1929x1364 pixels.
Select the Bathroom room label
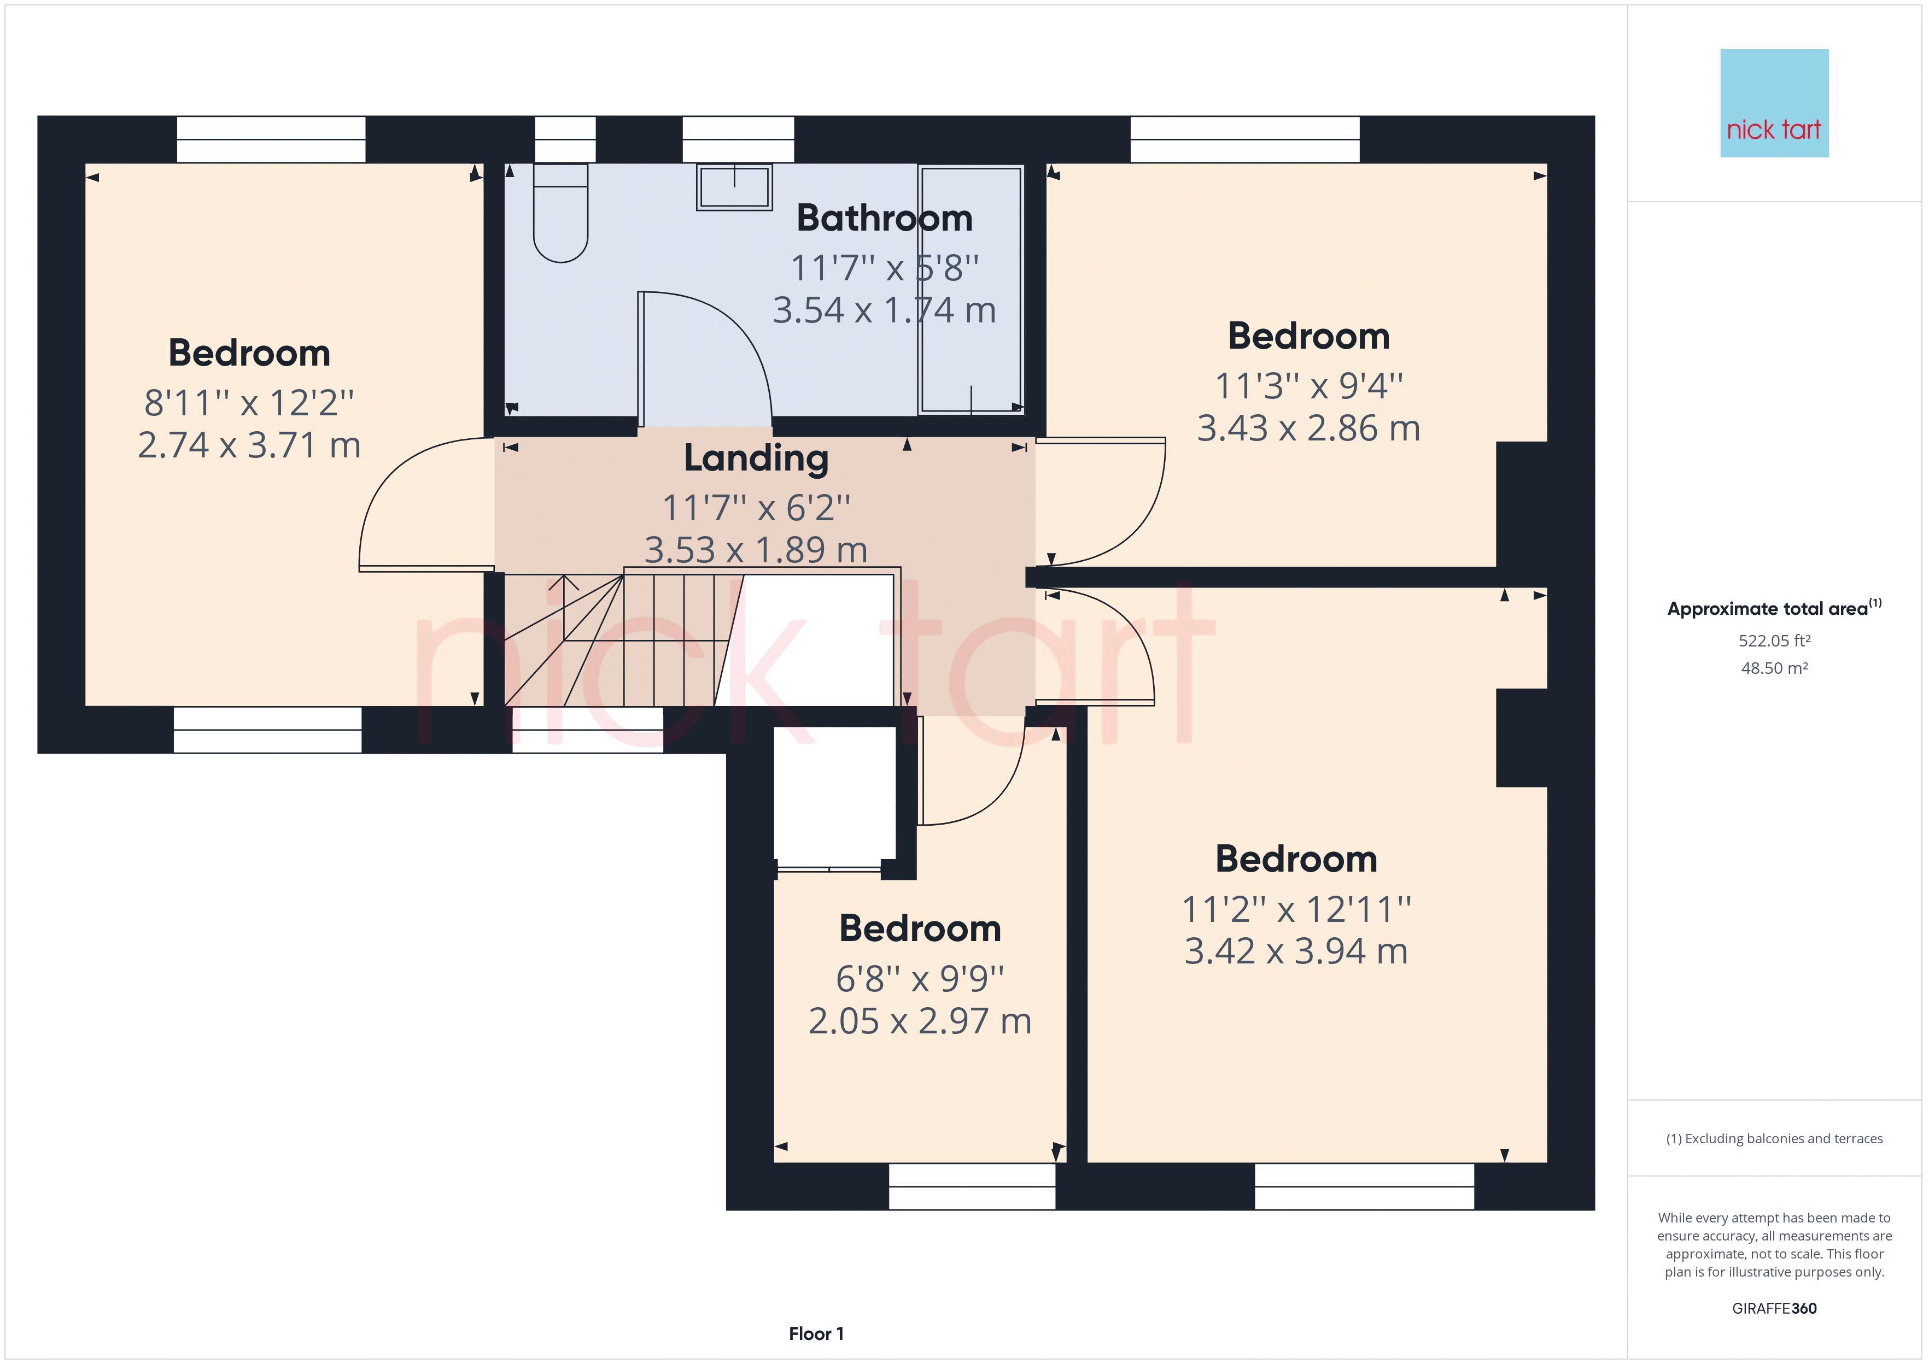[885, 219]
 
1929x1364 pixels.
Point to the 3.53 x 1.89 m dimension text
[756, 550]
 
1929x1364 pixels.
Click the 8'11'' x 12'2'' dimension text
[249, 403]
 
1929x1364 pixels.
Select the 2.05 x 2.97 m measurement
[920, 1021]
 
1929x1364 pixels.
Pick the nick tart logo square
[1774, 103]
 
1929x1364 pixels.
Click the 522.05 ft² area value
[1774, 641]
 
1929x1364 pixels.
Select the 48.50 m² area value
[1774, 668]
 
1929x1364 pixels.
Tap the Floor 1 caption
[816, 1334]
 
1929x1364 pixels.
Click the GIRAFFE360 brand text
[1774, 1309]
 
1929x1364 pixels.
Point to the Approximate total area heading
[1774, 608]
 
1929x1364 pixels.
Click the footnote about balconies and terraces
[1774, 1139]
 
